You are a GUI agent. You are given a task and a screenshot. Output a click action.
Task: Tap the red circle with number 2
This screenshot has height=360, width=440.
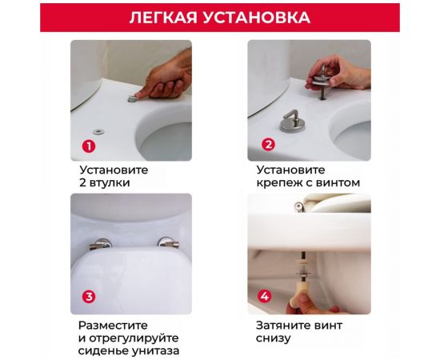[x=268, y=145]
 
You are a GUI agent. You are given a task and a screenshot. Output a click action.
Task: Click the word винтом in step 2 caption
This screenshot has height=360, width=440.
[x=332, y=182]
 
